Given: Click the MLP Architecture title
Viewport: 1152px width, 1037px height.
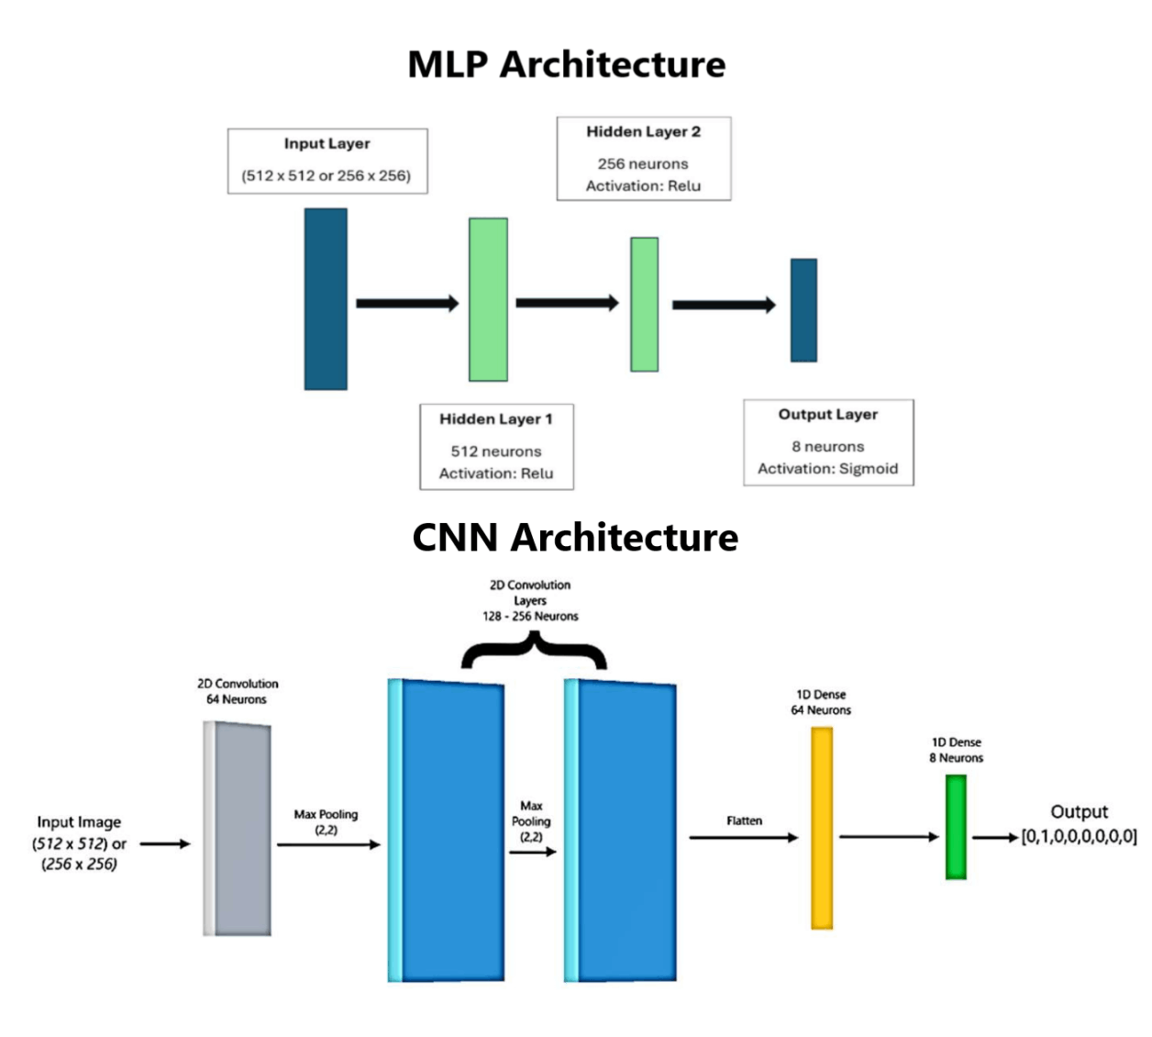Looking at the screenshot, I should pyautogui.click(x=566, y=65).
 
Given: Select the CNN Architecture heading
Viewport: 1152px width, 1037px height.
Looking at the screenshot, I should pyautogui.click(x=575, y=538).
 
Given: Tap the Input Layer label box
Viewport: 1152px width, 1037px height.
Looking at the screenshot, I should pyautogui.click(x=327, y=161).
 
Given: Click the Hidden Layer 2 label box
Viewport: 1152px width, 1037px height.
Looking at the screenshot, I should pyautogui.click(x=644, y=159).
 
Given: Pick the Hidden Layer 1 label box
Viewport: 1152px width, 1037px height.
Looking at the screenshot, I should pyautogui.click(x=496, y=446).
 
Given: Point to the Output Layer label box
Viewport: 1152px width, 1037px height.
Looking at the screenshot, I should pyautogui.click(x=828, y=442).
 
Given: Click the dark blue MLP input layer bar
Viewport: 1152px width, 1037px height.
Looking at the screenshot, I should pyautogui.click(x=326, y=299).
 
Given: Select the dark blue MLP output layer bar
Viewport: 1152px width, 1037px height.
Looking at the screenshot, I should pyautogui.click(x=803, y=310).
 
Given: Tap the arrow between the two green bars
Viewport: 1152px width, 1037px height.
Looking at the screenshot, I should pyautogui.click(x=567, y=303).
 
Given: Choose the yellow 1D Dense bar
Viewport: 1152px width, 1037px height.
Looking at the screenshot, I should pyautogui.click(x=822, y=828).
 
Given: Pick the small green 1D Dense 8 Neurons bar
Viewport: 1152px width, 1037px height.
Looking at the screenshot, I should pyautogui.click(x=956, y=827).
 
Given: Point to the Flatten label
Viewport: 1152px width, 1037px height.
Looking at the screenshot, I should pyautogui.click(x=744, y=820).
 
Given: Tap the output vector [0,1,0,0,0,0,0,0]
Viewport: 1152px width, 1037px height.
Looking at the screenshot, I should pyautogui.click(x=1079, y=837).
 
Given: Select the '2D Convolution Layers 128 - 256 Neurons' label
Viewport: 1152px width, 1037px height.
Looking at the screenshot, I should pyautogui.click(x=530, y=600).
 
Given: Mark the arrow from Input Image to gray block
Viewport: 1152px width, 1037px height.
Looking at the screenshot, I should pyautogui.click(x=165, y=843).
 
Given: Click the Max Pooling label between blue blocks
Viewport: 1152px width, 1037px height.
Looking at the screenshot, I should pyautogui.click(x=531, y=821).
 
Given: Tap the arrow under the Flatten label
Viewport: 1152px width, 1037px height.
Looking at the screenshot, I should pyautogui.click(x=743, y=837).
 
